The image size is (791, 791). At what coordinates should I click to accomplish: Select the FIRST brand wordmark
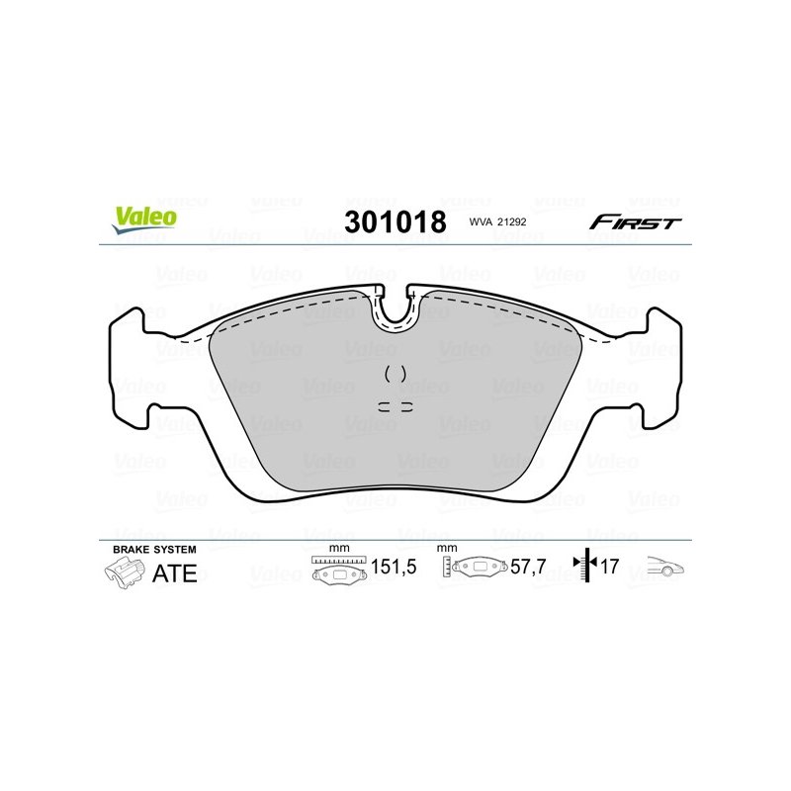click(x=635, y=221)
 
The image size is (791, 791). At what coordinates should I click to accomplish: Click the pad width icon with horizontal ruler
click(x=339, y=570)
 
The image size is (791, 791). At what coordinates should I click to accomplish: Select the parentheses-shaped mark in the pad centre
click(x=395, y=374)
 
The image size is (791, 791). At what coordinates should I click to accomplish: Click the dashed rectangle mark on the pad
click(x=395, y=406)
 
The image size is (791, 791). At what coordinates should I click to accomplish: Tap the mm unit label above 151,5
click(x=339, y=548)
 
